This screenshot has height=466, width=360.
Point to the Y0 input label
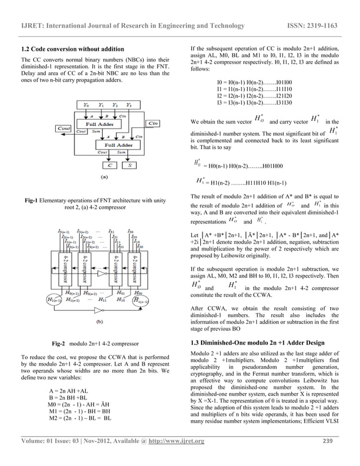86,105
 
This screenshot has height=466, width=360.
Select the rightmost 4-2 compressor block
134,265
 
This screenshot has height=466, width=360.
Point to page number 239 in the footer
328,456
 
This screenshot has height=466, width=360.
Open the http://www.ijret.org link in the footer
166,456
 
